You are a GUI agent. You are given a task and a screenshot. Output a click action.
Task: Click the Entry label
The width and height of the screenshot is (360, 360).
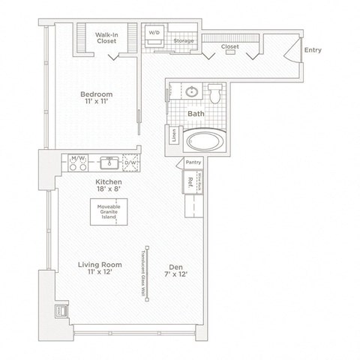[x=313, y=50]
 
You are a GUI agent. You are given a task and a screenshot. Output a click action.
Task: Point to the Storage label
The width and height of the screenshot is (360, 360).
[x=184, y=40]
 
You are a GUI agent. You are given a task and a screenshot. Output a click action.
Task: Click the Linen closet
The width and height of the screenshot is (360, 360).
[x=175, y=138]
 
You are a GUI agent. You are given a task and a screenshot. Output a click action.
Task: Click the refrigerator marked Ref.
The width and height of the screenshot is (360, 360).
[x=190, y=181]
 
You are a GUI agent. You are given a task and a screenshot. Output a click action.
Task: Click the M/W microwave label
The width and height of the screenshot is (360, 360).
[x=76, y=159]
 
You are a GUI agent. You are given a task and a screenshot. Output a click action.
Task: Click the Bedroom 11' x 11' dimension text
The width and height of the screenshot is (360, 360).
[x=97, y=103]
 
